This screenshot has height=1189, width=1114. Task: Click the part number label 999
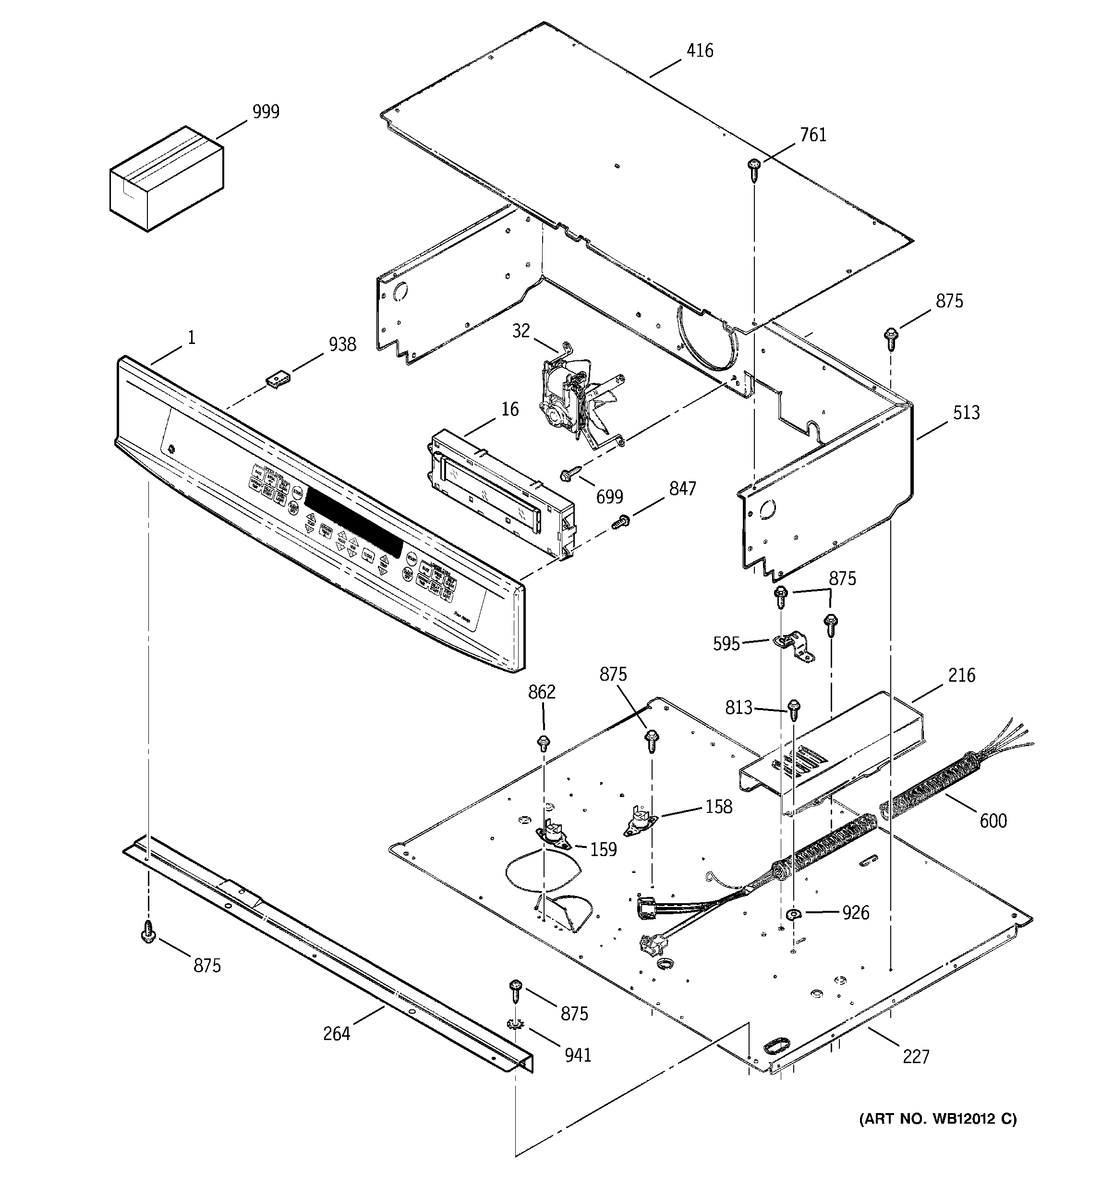(x=266, y=112)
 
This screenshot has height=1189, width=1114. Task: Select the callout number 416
(x=700, y=51)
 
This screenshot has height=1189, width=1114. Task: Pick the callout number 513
(x=966, y=412)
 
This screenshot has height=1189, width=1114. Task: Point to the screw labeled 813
(x=794, y=710)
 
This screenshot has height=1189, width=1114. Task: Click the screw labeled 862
(x=544, y=743)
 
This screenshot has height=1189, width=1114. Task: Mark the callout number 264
(x=336, y=1033)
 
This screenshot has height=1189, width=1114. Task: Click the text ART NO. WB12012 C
(x=938, y=1119)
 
